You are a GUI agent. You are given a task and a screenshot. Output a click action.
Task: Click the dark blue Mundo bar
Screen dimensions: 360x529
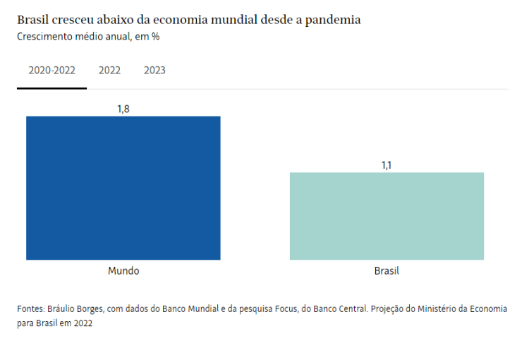coord(123,188)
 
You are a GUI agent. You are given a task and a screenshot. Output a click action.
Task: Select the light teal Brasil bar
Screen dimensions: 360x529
coord(387,216)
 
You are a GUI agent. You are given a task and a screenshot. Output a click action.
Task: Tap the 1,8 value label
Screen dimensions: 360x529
coord(123,109)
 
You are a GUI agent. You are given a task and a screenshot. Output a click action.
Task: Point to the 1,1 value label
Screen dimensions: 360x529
coord(387,165)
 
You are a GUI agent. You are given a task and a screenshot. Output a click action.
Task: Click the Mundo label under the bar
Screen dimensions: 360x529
coord(123,271)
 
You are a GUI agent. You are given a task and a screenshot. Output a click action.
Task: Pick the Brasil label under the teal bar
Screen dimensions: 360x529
coord(387,271)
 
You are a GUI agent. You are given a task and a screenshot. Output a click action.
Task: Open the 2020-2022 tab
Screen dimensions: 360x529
coord(51,71)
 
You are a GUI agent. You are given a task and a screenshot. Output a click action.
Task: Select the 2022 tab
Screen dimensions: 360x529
coord(109,71)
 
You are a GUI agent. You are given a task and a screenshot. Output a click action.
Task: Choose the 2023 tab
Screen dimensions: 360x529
coord(154,71)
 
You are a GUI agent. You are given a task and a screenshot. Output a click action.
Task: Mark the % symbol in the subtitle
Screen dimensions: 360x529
coord(154,37)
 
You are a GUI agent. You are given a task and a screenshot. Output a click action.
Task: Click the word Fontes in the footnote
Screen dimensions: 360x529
coord(30,309)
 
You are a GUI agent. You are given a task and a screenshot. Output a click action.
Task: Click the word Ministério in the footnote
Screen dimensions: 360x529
coord(442,309)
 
